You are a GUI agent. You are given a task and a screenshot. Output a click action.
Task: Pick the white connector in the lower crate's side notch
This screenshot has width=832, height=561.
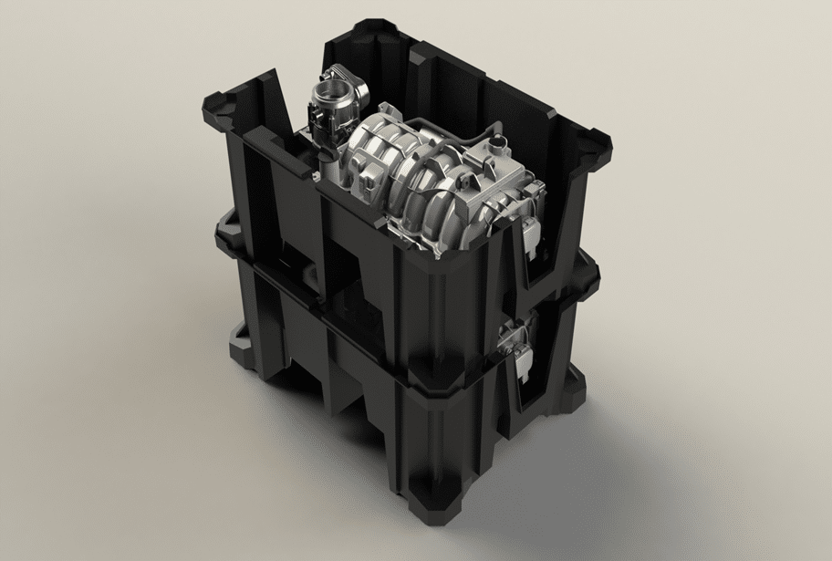[x=523, y=358]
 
